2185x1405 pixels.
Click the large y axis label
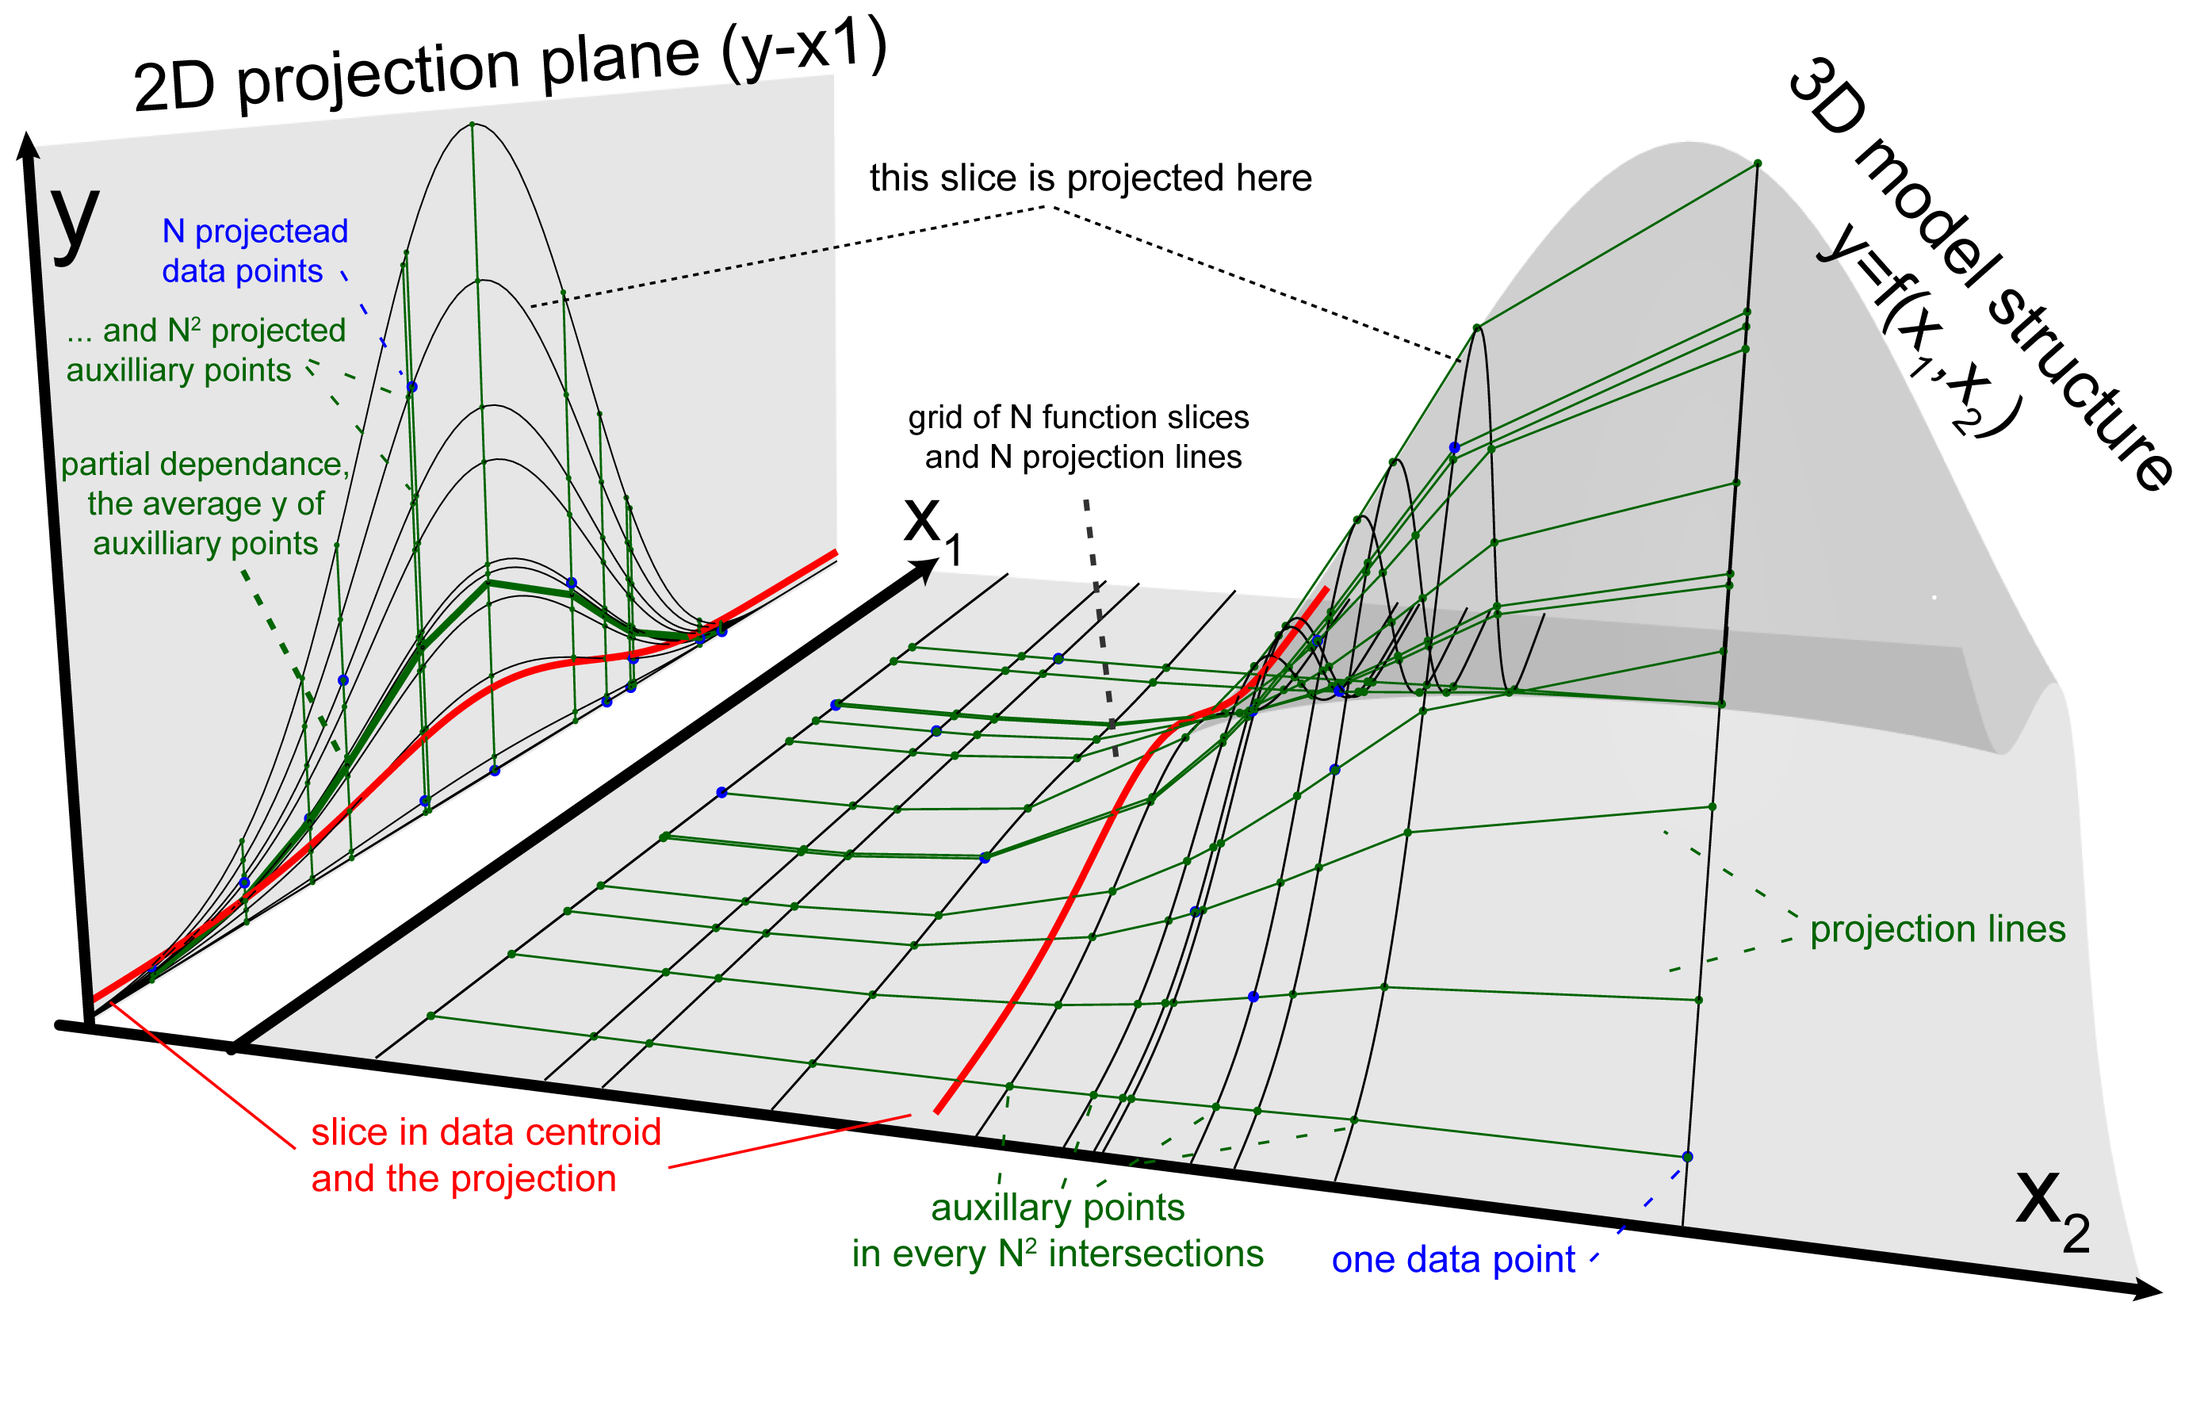pyautogui.click(x=75, y=222)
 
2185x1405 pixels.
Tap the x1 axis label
pyautogui.click(x=930, y=527)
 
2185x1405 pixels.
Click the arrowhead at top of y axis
pyautogui.click(x=28, y=146)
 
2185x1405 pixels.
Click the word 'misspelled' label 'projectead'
pyautogui.click(x=271, y=232)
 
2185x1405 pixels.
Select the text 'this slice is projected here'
pyautogui.click(x=1089, y=178)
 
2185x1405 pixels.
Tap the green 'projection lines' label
pyautogui.click(x=1937, y=928)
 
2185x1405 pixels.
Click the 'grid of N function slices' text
pyautogui.click(x=1077, y=418)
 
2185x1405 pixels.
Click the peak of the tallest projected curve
pyautogui.click(x=472, y=124)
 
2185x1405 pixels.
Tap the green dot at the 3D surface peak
pyautogui.click(x=1757, y=163)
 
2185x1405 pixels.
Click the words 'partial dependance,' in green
pyautogui.click(x=205, y=465)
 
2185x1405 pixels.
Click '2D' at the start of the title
pyautogui.click(x=174, y=87)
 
